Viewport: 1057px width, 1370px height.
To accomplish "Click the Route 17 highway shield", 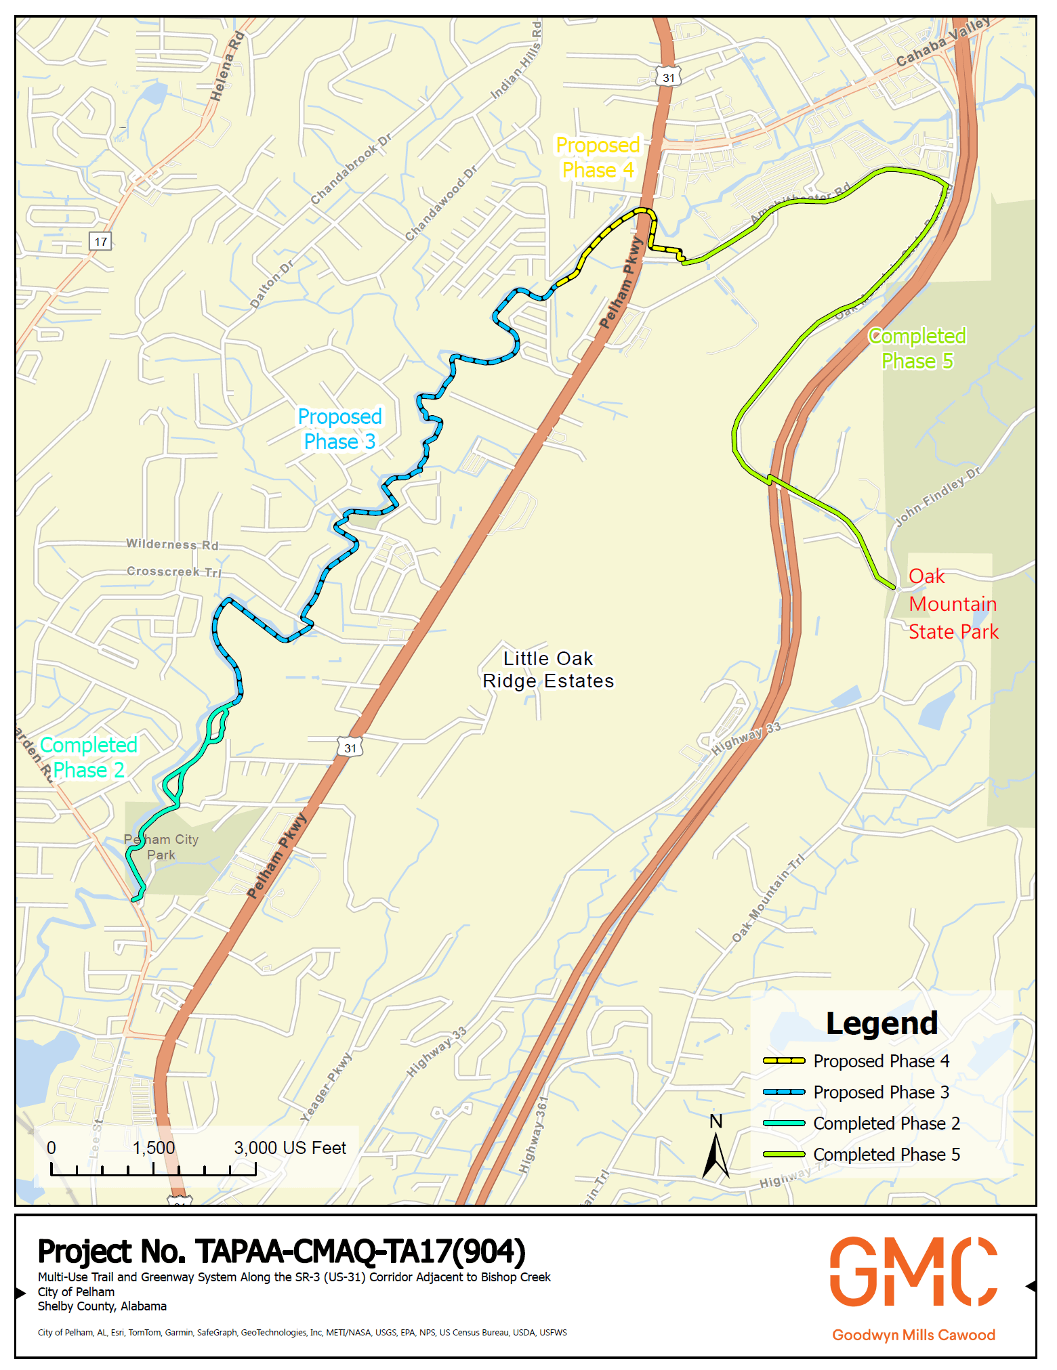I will click(x=100, y=241).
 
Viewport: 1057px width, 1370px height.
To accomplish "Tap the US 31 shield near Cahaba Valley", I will click(x=668, y=77).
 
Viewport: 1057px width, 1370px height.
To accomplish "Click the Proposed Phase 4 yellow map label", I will click(x=597, y=158).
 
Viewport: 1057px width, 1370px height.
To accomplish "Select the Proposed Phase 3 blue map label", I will click(x=339, y=429).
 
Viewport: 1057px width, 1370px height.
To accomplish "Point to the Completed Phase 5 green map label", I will click(x=917, y=348).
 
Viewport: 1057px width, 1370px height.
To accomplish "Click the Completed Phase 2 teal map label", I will click(x=89, y=757).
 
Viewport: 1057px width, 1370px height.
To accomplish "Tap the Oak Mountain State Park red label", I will click(x=953, y=604).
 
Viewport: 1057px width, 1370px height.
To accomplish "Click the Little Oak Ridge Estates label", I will click(x=548, y=670).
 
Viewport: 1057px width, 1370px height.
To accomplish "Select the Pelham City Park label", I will click(x=161, y=847).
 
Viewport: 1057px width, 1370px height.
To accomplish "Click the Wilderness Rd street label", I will click(x=172, y=544).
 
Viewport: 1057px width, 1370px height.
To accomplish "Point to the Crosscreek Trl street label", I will click(x=174, y=572).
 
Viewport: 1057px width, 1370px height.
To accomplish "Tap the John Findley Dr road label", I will click(x=938, y=496).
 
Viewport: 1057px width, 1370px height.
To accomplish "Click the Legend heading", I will click(x=882, y=1023).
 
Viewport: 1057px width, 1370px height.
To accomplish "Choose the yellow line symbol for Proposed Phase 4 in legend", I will click(x=783, y=1061).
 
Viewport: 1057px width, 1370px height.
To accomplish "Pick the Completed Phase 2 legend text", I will click(x=886, y=1123).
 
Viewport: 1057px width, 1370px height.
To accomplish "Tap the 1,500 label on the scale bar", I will click(x=154, y=1148).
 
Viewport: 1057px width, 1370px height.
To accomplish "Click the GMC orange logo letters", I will click(x=913, y=1271).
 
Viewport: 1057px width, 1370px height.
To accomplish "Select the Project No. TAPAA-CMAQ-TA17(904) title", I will click(x=281, y=1251).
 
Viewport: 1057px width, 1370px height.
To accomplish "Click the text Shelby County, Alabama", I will click(x=102, y=1306).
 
